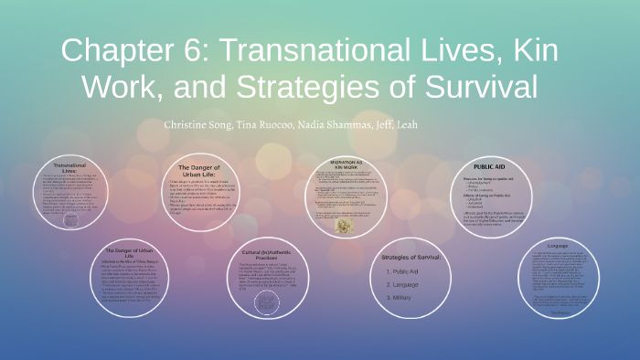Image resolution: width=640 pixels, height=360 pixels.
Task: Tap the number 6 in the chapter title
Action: click(x=200, y=53)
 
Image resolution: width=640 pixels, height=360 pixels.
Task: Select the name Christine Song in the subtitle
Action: click(x=199, y=124)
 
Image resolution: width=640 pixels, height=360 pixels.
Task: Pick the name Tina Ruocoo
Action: click(x=264, y=124)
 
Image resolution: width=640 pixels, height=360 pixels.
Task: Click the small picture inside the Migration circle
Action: click(x=343, y=225)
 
